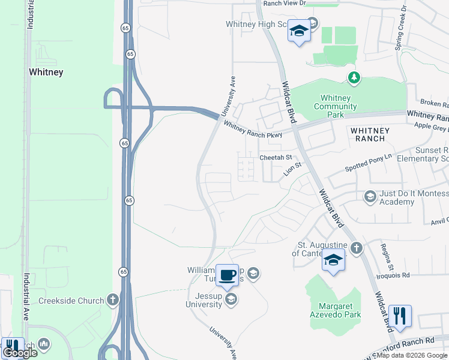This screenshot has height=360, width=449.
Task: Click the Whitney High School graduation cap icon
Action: [x=298, y=31]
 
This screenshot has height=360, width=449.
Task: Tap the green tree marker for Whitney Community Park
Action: [x=354, y=77]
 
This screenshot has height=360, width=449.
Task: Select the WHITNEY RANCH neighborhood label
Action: [x=370, y=134]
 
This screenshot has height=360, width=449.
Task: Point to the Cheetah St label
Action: [x=275, y=157]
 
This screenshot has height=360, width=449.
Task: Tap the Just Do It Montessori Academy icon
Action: [x=370, y=196]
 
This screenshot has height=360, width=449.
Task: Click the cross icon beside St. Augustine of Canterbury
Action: [x=356, y=248]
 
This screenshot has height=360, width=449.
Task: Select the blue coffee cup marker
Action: [x=227, y=275]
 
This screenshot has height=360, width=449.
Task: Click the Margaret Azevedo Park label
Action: [x=336, y=310]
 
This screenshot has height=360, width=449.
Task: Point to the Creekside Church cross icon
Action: [x=112, y=300]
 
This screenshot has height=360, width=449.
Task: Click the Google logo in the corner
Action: [x=20, y=353]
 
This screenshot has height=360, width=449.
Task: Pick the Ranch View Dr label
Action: [x=286, y=3]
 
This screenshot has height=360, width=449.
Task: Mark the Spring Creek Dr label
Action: [x=401, y=26]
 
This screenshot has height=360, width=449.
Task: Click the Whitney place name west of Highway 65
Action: [x=46, y=72]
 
